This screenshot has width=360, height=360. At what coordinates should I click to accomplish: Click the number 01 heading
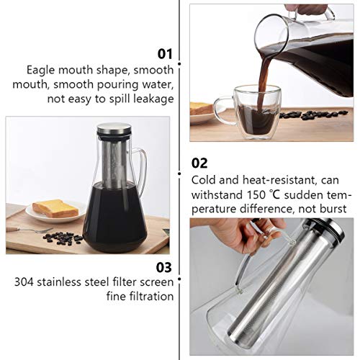point(165,53)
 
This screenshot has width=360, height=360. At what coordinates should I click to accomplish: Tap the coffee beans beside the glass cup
point(306,115)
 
